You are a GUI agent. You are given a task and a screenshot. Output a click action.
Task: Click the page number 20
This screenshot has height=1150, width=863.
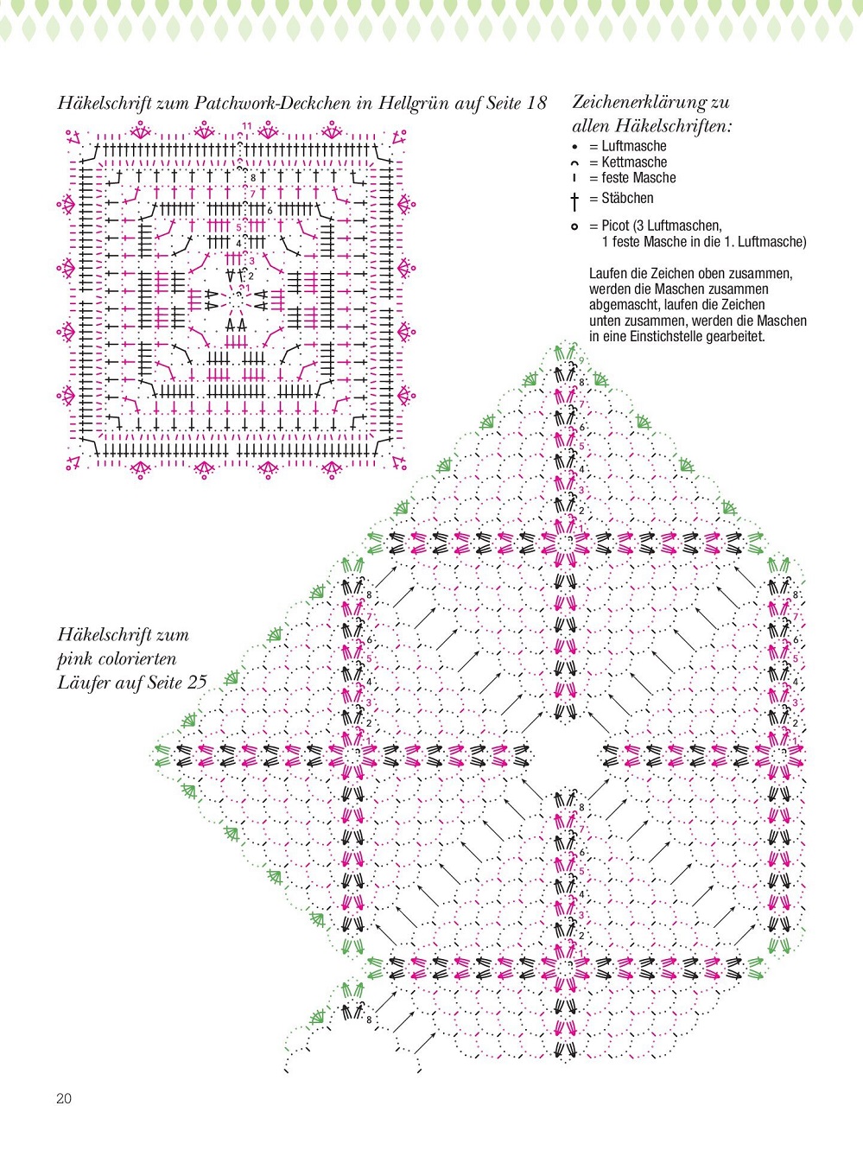tap(64, 1099)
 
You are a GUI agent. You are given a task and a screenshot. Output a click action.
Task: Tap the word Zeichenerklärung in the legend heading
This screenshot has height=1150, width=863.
tap(640, 103)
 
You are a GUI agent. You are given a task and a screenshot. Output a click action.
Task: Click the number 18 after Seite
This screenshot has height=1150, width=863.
tap(536, 103)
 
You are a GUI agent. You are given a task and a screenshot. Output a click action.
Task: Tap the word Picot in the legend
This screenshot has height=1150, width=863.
tap(616, 226)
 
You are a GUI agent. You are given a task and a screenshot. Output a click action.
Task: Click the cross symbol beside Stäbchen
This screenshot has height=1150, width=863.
tap(574, 201)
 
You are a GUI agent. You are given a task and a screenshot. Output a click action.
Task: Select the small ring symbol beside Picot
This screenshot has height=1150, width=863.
tap(574, 226)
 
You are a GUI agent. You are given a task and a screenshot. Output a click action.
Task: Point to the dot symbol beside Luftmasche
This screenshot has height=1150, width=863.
tap(574, 147)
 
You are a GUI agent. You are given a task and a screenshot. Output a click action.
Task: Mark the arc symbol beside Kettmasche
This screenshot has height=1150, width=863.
tap(574, 162)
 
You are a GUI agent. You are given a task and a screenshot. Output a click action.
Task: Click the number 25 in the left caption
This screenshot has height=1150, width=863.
tap(197, 683)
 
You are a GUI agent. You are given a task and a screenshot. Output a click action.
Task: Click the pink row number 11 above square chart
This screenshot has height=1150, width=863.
tap(247, 126)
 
